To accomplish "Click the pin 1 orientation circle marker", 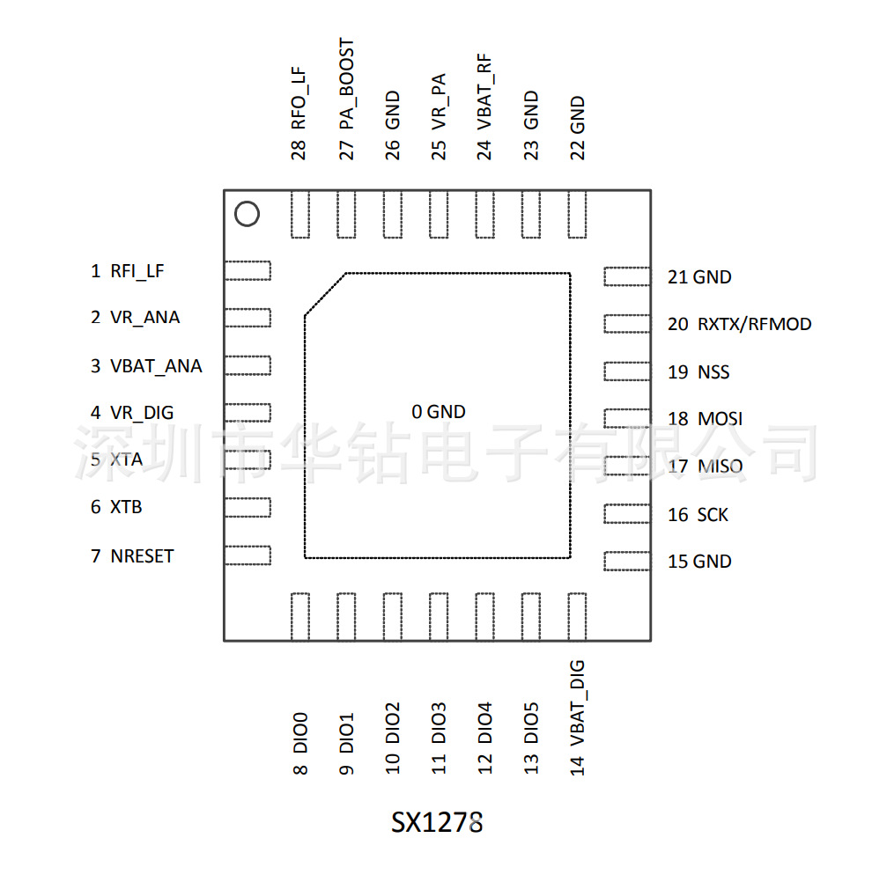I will [x=246, y=214].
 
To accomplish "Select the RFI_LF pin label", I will [x=137, y=271].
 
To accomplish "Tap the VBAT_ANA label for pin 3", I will [x=155, y=366].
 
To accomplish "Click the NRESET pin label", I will [x=141, y=556].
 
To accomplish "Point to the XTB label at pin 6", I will [x=126, y=508].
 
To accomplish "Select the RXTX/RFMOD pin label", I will [x=754, y=325].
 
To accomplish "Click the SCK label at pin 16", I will [x=713, y=515].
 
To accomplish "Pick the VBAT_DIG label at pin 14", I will [x=577, y=704].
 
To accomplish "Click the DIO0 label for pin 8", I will [x=300, y=732].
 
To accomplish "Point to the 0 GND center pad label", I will [x=439, y=412].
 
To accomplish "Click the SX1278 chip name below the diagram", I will [x=437, y=823].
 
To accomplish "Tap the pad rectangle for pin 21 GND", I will [x=626, y=276].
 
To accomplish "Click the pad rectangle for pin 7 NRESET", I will [x=248, y=555].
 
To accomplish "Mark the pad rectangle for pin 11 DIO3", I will [x=439, y=616].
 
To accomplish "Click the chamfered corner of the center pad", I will [x=324, y=294].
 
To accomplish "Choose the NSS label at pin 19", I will [x=713, y=372].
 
